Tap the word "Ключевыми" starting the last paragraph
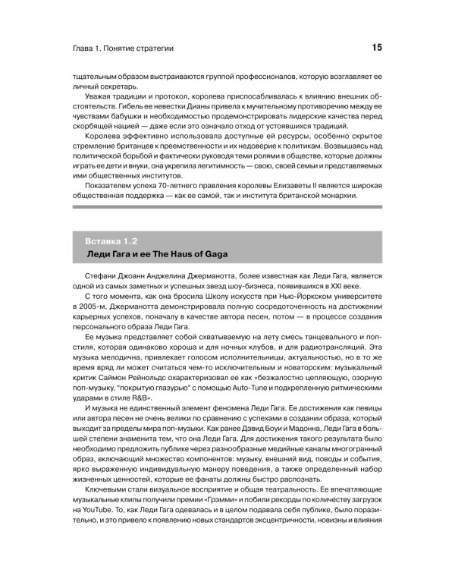[111, 501]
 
